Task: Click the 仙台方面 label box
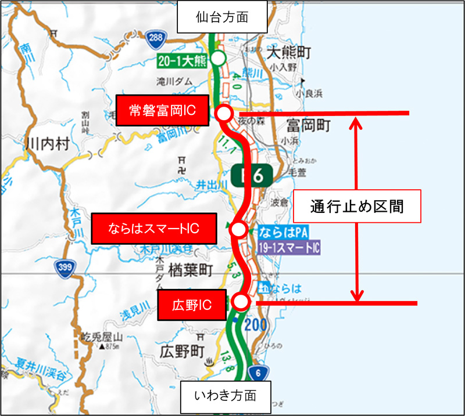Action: [x=221, y=17]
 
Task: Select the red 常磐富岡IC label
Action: [x=162, y=110]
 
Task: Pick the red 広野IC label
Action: [x=191, y=305]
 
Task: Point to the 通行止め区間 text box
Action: [x=356, y=206]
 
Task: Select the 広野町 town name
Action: [x=182, y=350]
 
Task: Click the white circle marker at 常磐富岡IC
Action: [x=224, y=113]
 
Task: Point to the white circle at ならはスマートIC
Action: [x=238, y=230]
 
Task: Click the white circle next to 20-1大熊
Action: [x=218, y=58]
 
